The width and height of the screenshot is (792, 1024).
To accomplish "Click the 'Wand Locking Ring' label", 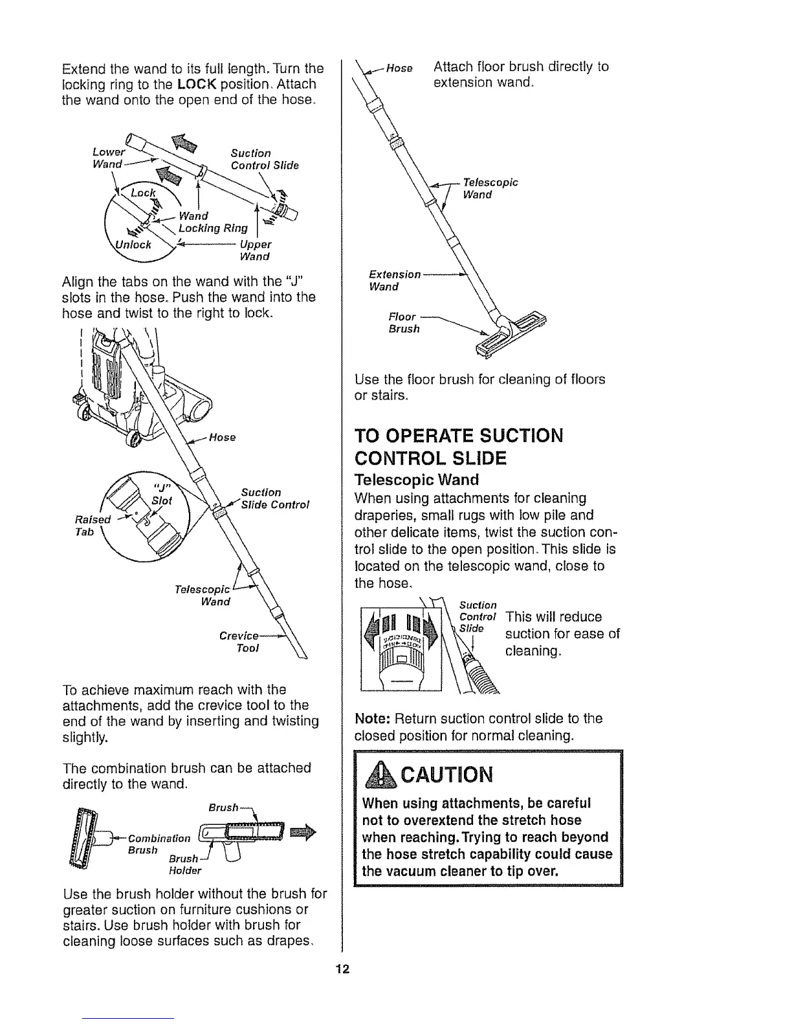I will point(213,222).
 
